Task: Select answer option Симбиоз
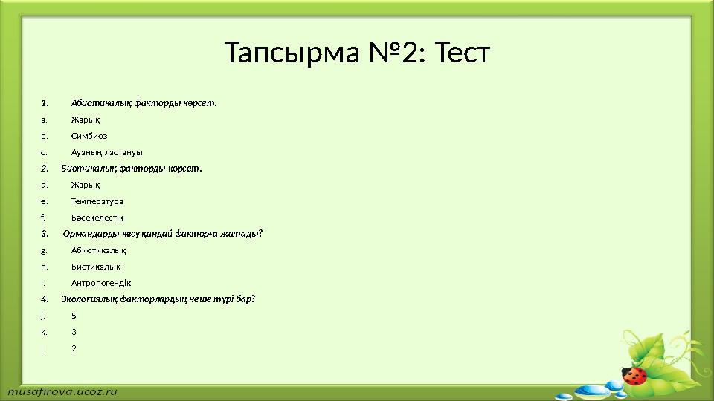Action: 89,136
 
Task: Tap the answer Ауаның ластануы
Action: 107,152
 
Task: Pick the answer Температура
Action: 97,201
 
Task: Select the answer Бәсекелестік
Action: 97,218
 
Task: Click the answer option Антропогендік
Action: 101,283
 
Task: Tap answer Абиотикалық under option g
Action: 98,250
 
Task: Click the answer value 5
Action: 74,316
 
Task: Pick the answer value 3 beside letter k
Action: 74,332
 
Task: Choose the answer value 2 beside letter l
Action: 74,348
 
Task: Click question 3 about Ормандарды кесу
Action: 163,234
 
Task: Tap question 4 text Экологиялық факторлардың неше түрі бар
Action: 158,299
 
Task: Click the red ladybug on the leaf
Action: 634,376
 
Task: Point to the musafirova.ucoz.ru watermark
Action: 62,389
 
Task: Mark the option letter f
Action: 44,218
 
